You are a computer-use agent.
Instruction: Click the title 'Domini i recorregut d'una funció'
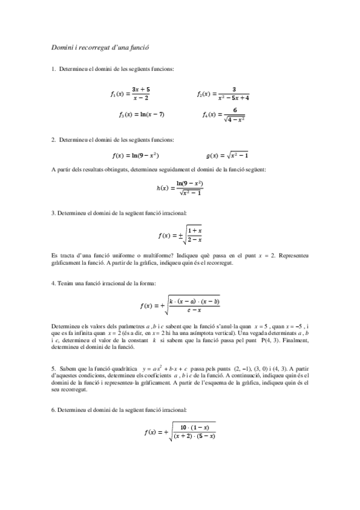pos(99,46)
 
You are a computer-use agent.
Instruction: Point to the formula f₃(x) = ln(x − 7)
pos(141,114)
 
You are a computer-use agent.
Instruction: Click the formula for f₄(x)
pos(224,114)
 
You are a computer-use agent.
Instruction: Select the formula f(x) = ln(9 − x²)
pos(135,155)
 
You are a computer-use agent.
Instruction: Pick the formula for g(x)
pos(223,155)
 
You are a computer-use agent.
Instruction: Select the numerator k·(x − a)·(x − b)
pos(194,301)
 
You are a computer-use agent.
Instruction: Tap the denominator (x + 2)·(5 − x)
pos(194,436)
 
